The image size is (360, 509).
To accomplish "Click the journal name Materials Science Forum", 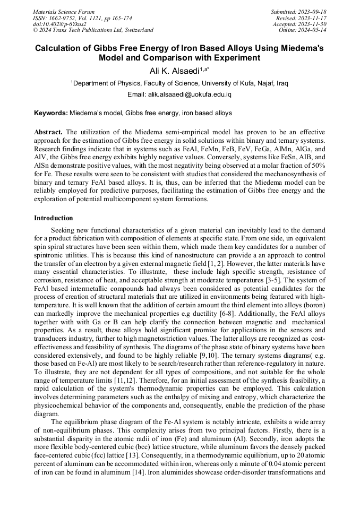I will pos(64,12).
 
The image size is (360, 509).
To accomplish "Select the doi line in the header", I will pos(59,24).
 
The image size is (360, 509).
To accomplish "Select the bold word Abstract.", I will pos(48,131).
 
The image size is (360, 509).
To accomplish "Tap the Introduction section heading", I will pos(54,218).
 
